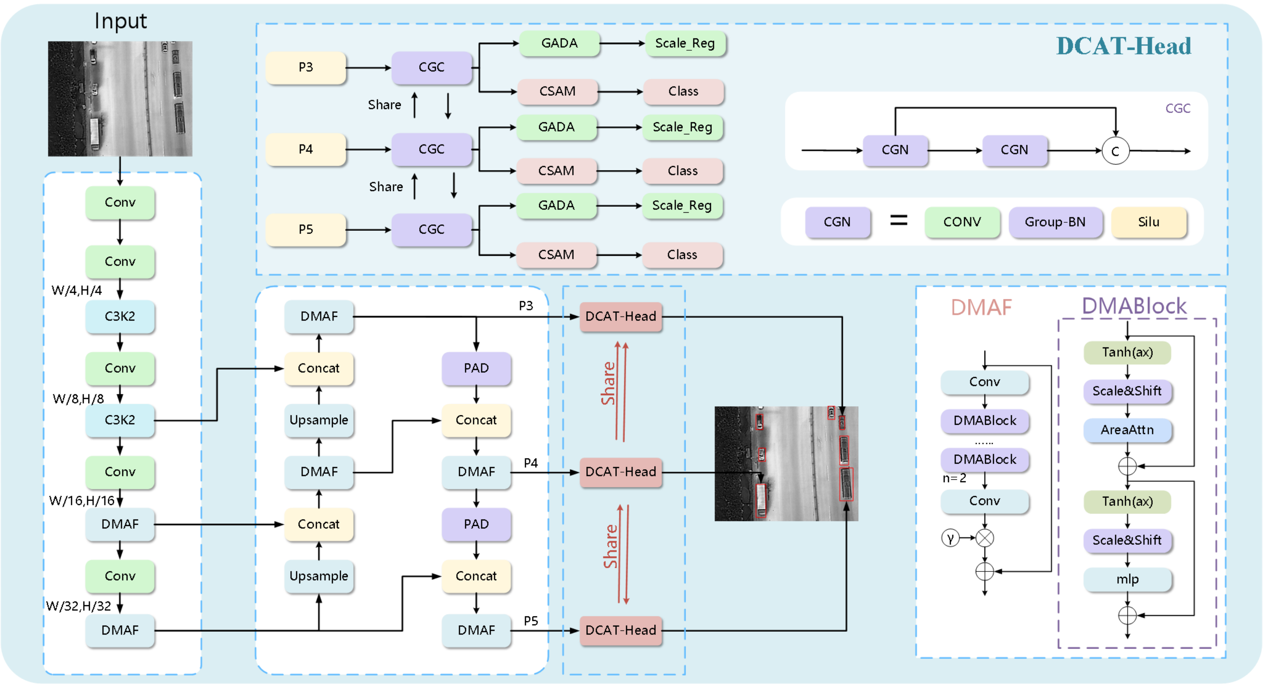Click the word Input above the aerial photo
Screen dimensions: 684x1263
point(121,21)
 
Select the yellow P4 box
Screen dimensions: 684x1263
point(305,149)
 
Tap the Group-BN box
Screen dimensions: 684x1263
point(1055,222)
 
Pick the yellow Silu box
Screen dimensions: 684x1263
point(1149,222)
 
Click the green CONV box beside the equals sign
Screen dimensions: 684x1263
point(962,222)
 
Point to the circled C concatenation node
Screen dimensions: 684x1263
point(1115,151)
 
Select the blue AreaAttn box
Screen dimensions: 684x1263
point(1127,430)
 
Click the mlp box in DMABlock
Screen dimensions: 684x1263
point(1127,579)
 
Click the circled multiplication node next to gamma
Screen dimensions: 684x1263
point(985,538)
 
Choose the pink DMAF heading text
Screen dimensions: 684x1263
point(981,308)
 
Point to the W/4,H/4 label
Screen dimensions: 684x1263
point(76,291)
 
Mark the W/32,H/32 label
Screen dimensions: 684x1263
point(78,606)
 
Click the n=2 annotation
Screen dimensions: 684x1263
point(954,478)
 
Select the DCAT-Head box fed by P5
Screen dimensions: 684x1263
point(621,630)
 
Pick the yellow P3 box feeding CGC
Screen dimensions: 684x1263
point(305,67)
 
